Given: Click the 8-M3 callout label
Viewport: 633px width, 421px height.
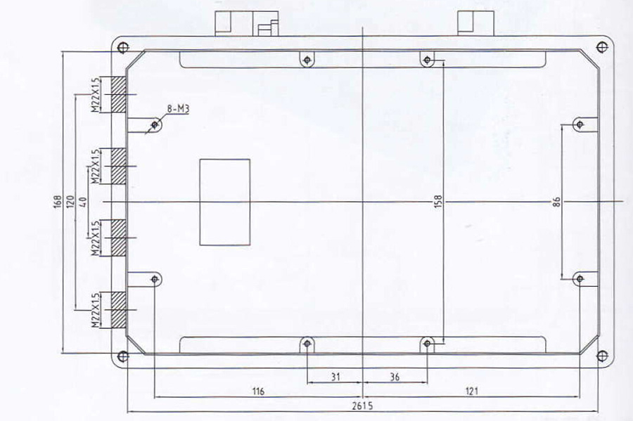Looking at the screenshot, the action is pos(178,109).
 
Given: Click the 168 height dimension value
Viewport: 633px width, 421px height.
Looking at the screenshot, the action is pos(58,202).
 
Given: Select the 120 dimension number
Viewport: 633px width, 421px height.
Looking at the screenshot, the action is pos(70,202).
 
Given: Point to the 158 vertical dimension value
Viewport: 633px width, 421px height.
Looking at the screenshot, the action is pos(438,202).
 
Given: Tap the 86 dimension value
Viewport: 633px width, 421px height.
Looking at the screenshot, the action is pos(556,202).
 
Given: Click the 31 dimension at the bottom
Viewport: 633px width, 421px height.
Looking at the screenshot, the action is pos(335,377).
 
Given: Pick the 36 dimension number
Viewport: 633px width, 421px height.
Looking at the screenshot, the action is pos(395,377).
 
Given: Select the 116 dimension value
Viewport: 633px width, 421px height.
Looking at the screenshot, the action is pos(258,391).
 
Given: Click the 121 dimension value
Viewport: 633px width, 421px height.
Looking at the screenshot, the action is pos(471,391).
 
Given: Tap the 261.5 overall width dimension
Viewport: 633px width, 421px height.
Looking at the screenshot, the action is pos(362,406).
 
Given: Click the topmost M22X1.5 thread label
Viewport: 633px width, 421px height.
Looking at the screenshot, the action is pos(95,95).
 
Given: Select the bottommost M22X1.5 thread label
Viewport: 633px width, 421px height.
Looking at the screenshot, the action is pos(95,310).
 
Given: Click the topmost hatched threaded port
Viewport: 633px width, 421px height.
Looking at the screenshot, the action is pos(118,94).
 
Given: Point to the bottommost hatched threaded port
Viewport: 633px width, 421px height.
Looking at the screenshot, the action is pos(118,310).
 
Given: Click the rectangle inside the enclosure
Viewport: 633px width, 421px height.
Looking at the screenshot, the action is pos(225,202).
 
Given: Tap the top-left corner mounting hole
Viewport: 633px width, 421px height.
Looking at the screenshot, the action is pos(123,48).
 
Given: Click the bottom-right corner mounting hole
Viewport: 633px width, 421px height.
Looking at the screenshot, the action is pos(602,356).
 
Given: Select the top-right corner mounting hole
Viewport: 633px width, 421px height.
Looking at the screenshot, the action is pos(602,47).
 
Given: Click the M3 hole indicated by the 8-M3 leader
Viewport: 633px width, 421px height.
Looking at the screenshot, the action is pos(155,124).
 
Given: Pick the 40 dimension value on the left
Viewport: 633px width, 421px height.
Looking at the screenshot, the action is pos(84,202).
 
